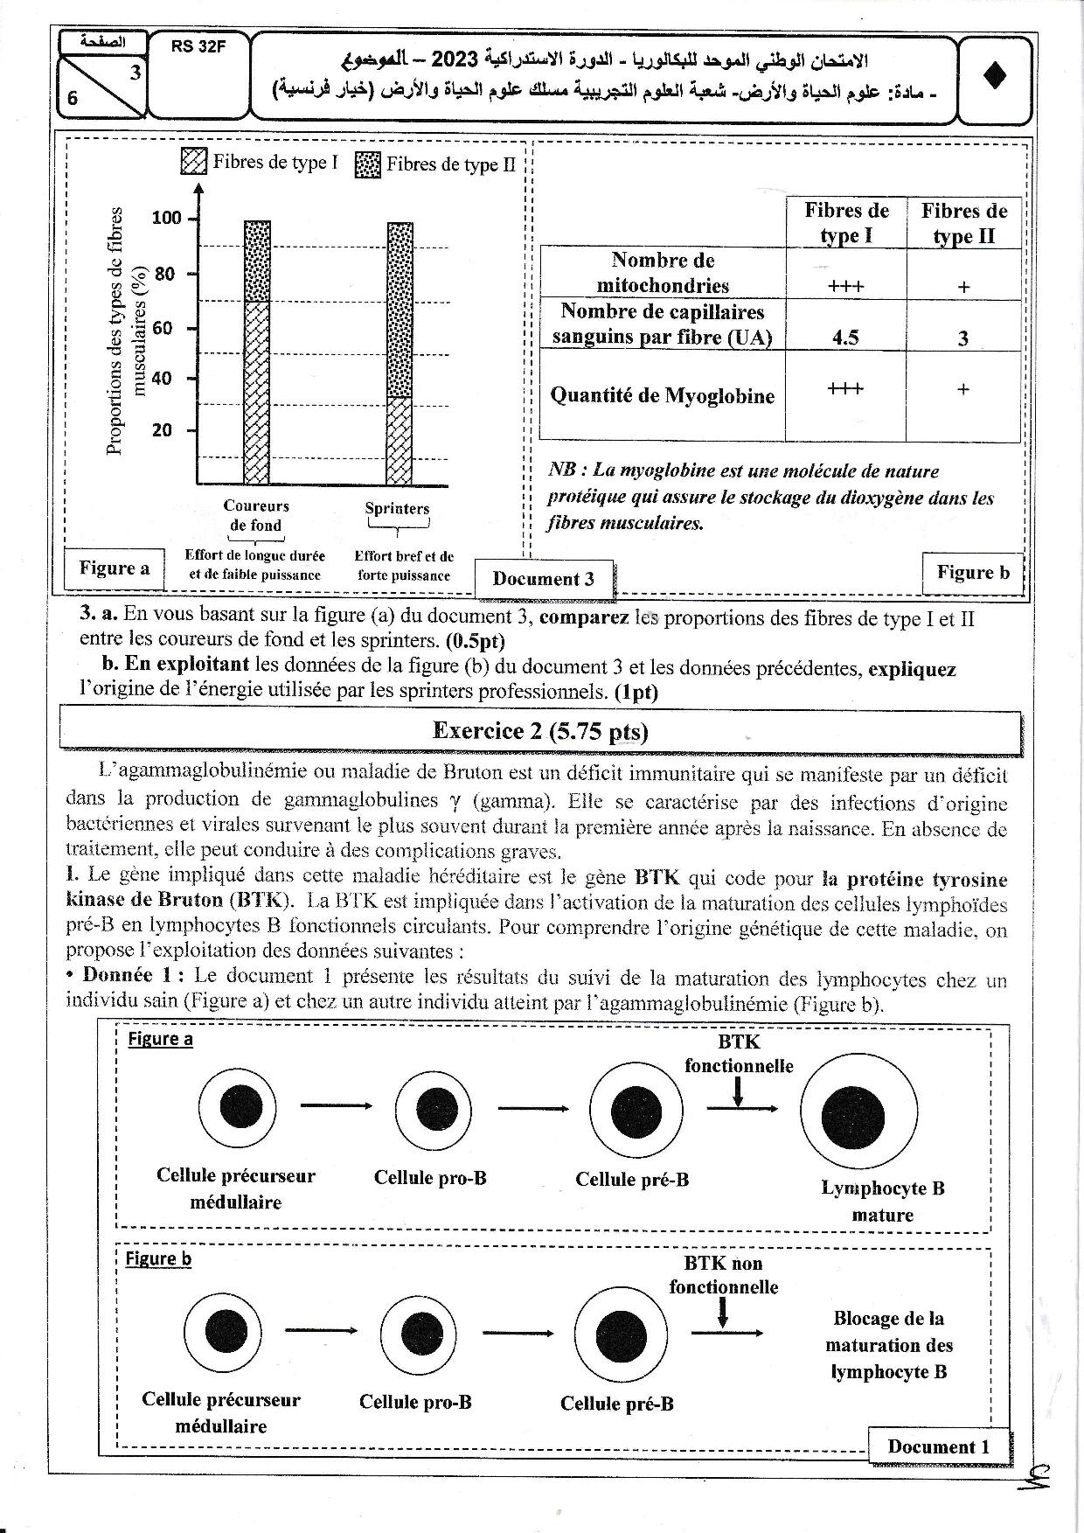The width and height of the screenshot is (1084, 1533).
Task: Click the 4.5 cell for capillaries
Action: click(845, 338)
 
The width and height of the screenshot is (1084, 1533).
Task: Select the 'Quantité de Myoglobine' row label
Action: click(662, 396)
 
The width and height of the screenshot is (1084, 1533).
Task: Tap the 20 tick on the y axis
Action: click(163, 430)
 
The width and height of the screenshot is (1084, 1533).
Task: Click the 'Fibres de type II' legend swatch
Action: click(368, 164)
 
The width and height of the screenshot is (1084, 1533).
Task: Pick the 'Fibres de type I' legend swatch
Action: click(193, 162)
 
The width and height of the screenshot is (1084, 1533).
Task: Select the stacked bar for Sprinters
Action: click(400, 353)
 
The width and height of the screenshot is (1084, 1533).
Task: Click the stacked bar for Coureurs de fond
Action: click(257, 353)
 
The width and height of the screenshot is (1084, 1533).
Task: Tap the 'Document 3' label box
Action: click(543, 579)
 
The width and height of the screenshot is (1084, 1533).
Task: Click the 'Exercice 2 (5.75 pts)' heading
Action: click(540, 731)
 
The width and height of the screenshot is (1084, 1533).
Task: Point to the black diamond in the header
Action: click(995, 77)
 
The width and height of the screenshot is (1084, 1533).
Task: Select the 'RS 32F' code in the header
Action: click(198, 48)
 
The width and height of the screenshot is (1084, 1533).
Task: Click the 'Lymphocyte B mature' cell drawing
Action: click(858, 1117)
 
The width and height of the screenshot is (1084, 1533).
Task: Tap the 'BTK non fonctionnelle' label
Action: click(723, 1275)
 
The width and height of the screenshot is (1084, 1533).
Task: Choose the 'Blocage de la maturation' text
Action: click(888, 1345)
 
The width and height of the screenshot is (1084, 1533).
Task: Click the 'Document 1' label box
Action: click(938, 1446)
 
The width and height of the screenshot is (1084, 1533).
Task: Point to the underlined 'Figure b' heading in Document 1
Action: click(158, 1258)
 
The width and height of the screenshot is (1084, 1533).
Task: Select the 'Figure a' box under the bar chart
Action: click(115, 568)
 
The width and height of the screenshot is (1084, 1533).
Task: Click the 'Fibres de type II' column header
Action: click(963, 223)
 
